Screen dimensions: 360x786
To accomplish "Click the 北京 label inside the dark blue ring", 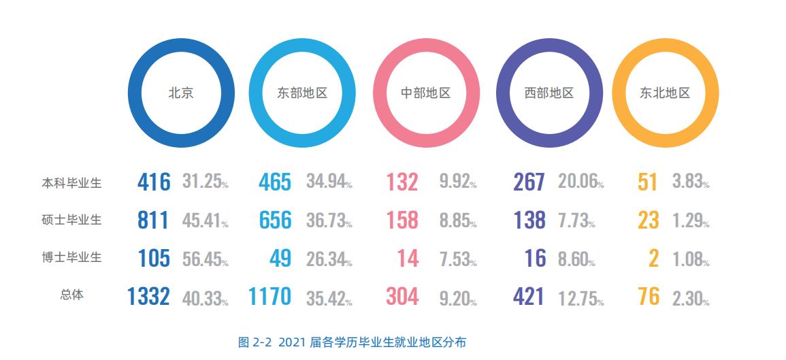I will point(181,93).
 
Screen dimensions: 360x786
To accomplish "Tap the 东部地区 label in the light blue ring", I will point(302,93).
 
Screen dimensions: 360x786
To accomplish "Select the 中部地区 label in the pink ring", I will point(426,93).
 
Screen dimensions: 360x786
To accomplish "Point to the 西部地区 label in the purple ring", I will point(549,93).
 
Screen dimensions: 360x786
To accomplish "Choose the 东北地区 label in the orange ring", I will point(665,93).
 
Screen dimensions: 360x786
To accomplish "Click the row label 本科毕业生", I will point(71,183).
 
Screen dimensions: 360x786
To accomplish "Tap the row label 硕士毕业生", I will point(71,220).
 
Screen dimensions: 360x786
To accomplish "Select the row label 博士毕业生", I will point(71,257).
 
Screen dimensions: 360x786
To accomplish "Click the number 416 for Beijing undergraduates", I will point(153,182).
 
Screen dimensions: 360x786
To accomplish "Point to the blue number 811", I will point(153,220).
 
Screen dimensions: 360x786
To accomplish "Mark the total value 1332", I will point(148,297).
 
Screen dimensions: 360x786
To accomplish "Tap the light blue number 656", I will point(275,220).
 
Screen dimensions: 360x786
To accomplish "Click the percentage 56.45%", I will point(205,259).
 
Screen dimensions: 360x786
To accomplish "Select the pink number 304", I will point(402,297).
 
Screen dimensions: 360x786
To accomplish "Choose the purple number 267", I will point(528,182).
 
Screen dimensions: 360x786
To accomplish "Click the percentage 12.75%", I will point(580,298).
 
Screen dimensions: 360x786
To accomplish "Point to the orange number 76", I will point(649,297).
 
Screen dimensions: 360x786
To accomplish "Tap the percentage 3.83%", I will point(691,182).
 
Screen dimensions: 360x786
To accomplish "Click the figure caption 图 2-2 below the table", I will point(352,342).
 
